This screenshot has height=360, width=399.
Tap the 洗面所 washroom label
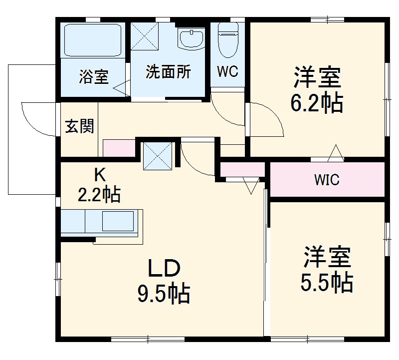[168, 72]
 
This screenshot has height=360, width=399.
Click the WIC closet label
[327, 180]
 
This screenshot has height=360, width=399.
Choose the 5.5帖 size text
[327, 283]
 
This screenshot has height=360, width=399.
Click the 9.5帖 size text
[164, 294]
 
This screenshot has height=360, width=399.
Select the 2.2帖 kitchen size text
[99, 194]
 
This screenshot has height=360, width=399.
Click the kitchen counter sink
[118, 220]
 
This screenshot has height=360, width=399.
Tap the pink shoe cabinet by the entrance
[119, 148]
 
